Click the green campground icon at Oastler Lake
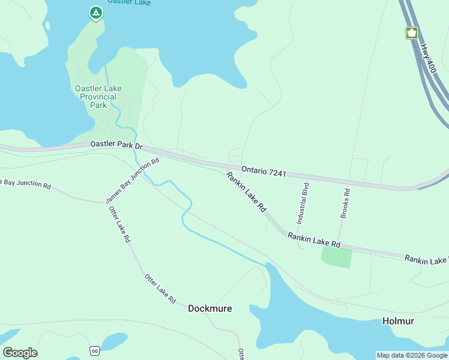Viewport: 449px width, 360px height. point(95,13)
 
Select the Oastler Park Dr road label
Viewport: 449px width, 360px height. point(116,146)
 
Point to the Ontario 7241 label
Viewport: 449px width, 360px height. point(264,172)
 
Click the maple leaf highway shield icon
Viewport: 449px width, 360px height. point(412,33)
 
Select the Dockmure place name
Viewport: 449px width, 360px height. point(209,308)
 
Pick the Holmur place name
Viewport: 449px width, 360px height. point(398,321)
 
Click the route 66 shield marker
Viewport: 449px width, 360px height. point(95,350)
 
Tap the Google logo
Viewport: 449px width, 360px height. point(20,353)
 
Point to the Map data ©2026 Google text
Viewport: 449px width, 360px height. point(412,355)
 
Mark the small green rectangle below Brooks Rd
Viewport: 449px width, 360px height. point(336,257)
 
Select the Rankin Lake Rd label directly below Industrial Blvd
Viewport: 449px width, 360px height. point(314,240)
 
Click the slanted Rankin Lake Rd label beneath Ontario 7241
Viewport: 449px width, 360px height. point(246,192)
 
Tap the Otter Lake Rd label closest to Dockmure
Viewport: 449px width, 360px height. point(160,289)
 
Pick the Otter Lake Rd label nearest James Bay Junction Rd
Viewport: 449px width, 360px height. point(119,224)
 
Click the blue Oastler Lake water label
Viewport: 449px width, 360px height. point(129,2)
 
